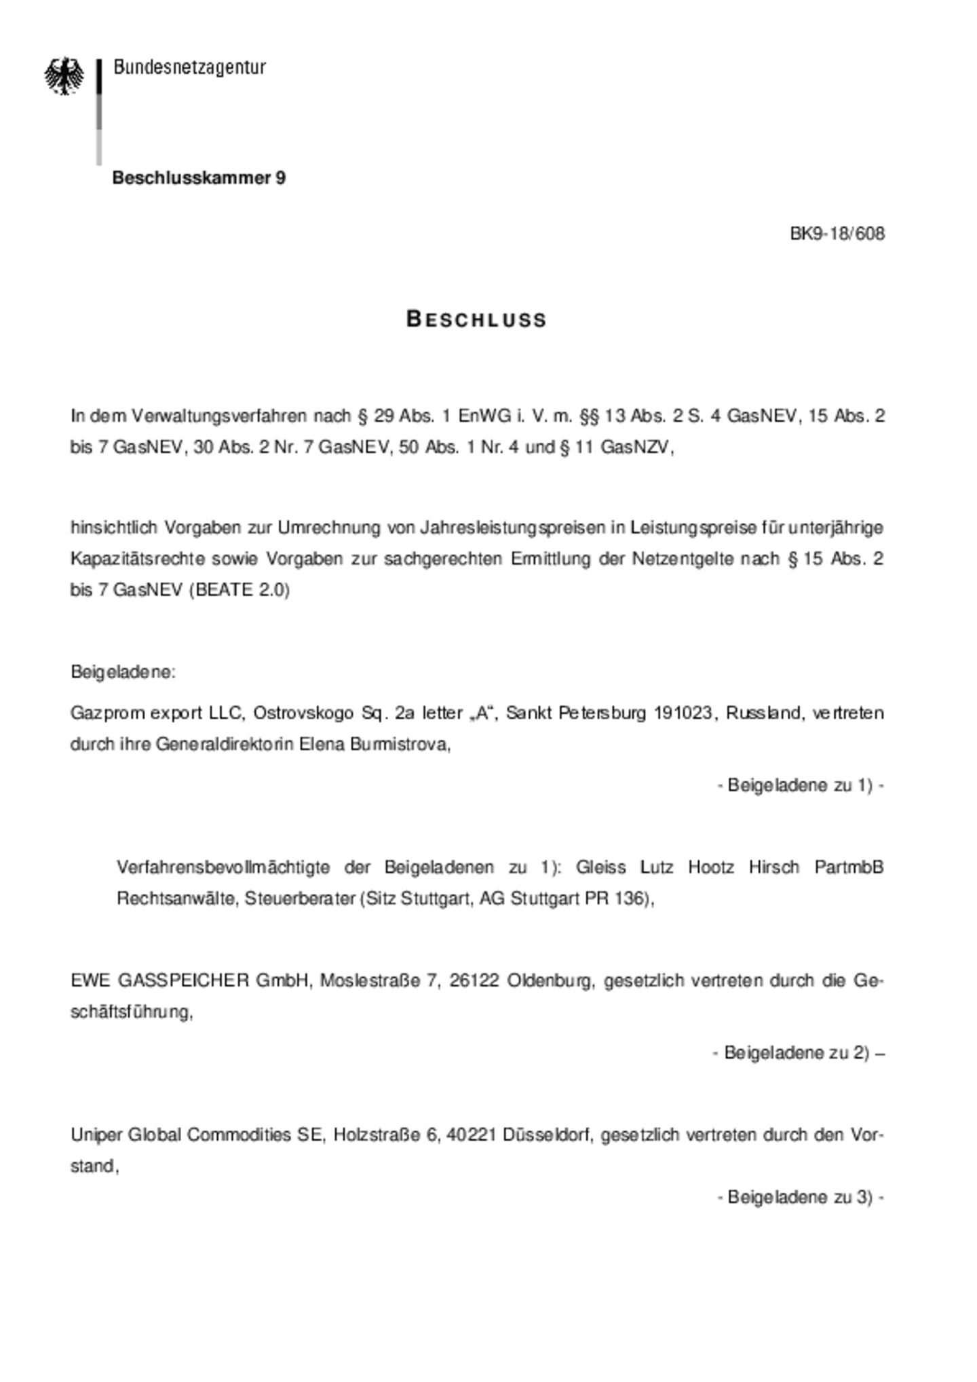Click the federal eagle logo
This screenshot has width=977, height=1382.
pyautogui.click(x=64, y=76)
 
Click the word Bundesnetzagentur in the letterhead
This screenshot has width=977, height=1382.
pyautogui.click(x=189, y=67)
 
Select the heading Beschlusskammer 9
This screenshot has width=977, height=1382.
pyautogui.click(x=199, y=178)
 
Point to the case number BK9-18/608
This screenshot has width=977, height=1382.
pyautogui.click(x=837, y=234)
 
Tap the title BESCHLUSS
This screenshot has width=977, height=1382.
pyautogui.click(x=476, y=319)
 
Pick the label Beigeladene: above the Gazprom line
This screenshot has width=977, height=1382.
pyautogui.click(x=123, y=672)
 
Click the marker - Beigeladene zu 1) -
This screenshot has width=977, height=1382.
pyautogui.click(x=800, y=785)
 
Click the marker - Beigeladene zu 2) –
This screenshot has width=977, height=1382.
pyautogui.click(x=798, y=1052)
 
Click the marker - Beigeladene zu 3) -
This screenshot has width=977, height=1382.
pyautogui.click(x=800, y=1197)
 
